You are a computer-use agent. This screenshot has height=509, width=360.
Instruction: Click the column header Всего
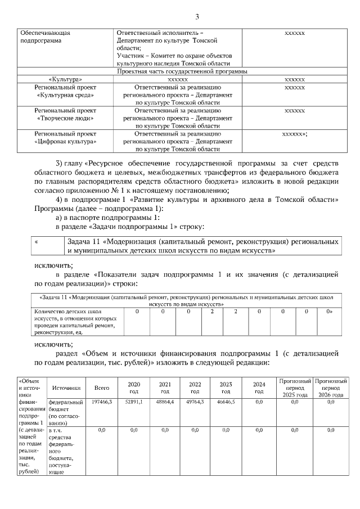102,388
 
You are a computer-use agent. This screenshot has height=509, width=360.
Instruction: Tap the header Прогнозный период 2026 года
331,388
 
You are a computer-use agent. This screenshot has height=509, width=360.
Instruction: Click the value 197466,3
102,402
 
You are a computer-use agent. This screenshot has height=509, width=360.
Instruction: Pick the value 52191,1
134,402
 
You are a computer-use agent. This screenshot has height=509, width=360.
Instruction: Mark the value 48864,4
165,402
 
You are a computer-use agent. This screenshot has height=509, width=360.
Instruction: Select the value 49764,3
195,402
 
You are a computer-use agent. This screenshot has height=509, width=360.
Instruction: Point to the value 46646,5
226,402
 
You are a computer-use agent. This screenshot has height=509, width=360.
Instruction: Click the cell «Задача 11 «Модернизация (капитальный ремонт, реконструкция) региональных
186,300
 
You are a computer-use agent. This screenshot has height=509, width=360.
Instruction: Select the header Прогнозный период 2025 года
295,388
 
